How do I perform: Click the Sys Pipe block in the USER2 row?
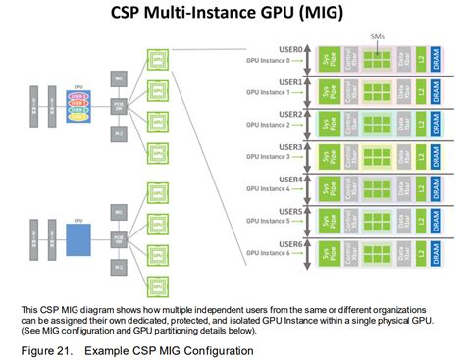click(x=325, y=125)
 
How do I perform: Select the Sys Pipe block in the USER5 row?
click(x=325, y=222)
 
